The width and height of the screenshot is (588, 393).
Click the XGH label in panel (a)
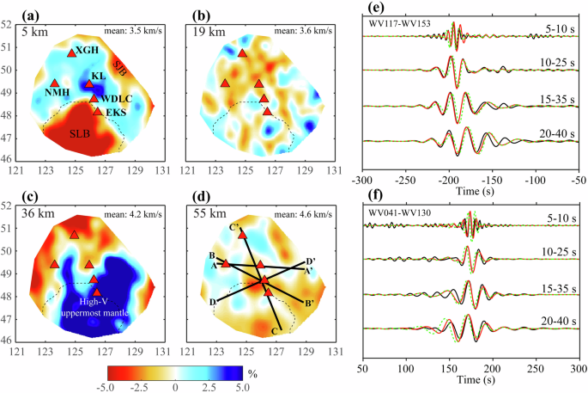click(x=88, y=52)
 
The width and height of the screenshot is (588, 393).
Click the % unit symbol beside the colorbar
click(x=252, y=375)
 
